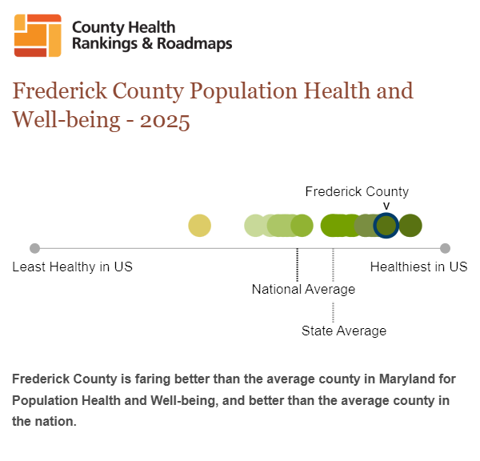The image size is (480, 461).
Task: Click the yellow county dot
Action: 199,226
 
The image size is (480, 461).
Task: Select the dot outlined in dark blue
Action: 386,226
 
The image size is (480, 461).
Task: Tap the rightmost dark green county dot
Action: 410,226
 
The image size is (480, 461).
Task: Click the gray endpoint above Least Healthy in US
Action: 34,248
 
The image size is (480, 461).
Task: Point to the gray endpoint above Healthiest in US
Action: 446,248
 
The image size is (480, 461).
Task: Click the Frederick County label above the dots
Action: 357,191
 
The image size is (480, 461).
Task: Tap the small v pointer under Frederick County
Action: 386,206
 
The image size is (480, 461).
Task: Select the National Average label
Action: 303,289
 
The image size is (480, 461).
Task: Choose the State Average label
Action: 343,331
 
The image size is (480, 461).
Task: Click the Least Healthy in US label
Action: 72,267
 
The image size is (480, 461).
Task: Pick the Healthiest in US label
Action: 418,267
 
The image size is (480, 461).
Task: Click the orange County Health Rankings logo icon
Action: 38,36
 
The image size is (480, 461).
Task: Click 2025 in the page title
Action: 164,122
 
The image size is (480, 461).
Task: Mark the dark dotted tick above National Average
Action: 298,264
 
